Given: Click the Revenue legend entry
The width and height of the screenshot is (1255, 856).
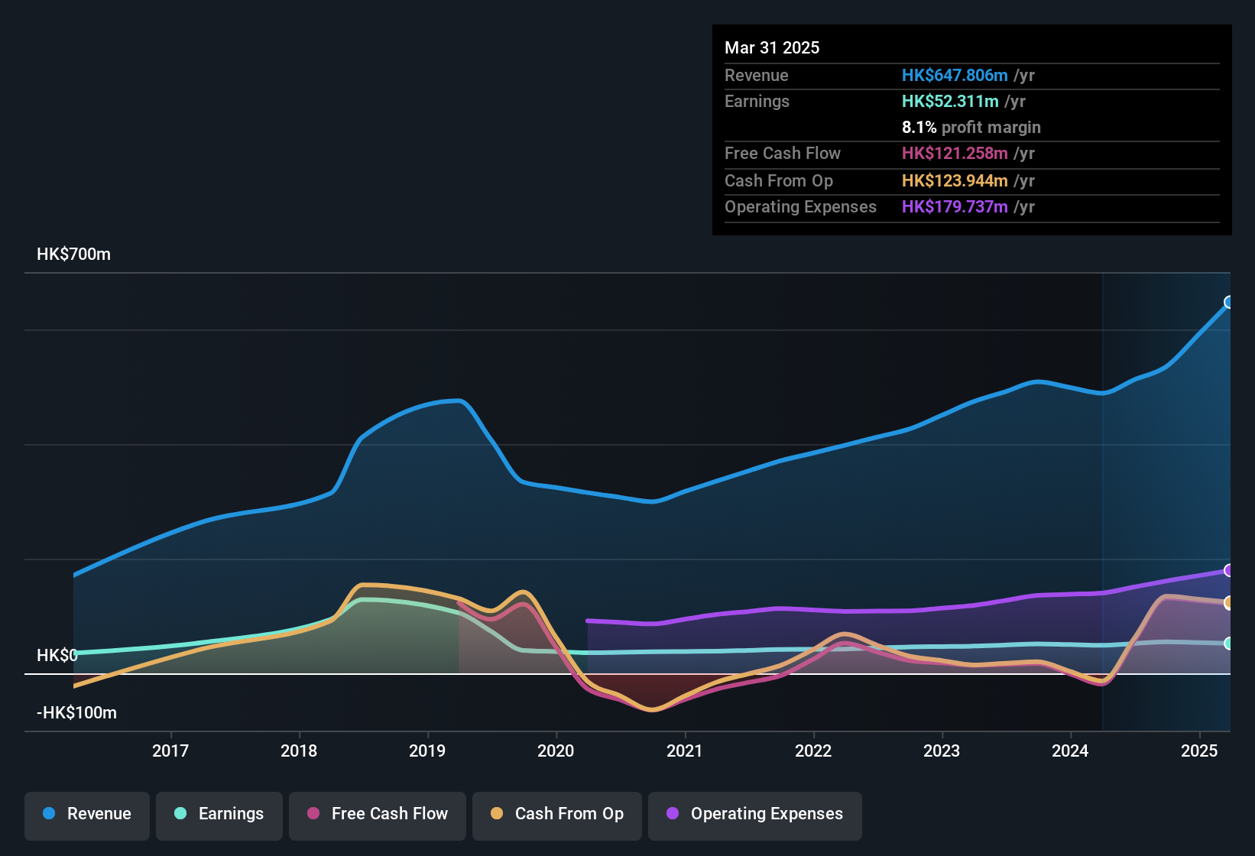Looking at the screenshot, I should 87,814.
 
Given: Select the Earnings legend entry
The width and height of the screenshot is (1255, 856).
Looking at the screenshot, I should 219,814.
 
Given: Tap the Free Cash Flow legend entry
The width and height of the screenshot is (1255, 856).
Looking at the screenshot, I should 378,814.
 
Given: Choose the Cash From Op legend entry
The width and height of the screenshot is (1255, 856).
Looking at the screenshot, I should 557,814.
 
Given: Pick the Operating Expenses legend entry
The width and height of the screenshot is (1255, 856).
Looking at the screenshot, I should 755,814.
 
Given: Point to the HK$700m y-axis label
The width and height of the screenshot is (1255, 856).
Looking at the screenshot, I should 73,255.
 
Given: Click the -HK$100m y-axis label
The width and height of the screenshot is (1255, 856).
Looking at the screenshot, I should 76,713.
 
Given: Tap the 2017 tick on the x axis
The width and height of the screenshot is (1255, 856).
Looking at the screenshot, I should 170,751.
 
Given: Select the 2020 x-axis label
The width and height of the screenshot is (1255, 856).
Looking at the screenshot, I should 556,751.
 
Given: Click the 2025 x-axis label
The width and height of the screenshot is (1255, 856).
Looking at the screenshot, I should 1198,751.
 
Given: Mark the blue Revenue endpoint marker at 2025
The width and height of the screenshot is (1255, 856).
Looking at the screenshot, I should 1228,303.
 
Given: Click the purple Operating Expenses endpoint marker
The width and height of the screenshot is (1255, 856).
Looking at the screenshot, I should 1228,570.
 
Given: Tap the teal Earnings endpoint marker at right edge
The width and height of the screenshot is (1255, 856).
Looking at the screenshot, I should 1228,644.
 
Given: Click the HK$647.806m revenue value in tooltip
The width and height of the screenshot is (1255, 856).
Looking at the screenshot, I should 954,76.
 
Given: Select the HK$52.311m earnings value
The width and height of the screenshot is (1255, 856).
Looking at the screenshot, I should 949,102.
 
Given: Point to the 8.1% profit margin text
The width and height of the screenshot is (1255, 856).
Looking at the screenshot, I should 971,128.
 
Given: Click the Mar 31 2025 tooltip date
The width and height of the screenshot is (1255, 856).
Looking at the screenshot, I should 772,48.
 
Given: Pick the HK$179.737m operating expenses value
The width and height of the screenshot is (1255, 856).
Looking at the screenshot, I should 954,207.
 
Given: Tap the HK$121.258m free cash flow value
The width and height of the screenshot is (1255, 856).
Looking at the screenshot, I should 954,154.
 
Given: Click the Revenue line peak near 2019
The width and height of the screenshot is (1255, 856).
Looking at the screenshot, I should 457,400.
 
